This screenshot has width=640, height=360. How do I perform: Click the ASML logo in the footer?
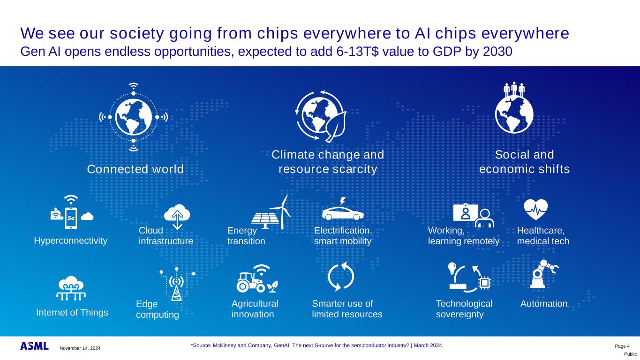(x=34, y=346)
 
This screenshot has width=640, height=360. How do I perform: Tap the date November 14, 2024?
(x=80, y=348)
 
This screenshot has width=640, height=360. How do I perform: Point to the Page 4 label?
(x=622, y=346)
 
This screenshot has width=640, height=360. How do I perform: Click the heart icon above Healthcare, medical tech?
(x=536, y=210)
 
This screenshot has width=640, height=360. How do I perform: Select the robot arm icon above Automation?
(x=543, y=274)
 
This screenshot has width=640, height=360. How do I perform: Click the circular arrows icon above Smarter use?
(x=341, y=277)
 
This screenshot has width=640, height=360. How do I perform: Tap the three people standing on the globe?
(x=514, y=90)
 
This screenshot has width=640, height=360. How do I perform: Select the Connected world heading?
(x=135, y=169)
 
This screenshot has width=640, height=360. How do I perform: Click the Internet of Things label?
(x=72, y=312)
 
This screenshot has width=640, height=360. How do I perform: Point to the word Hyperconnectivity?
(x=71, y=240)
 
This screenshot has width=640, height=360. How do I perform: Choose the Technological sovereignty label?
(x=464, y=309)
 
